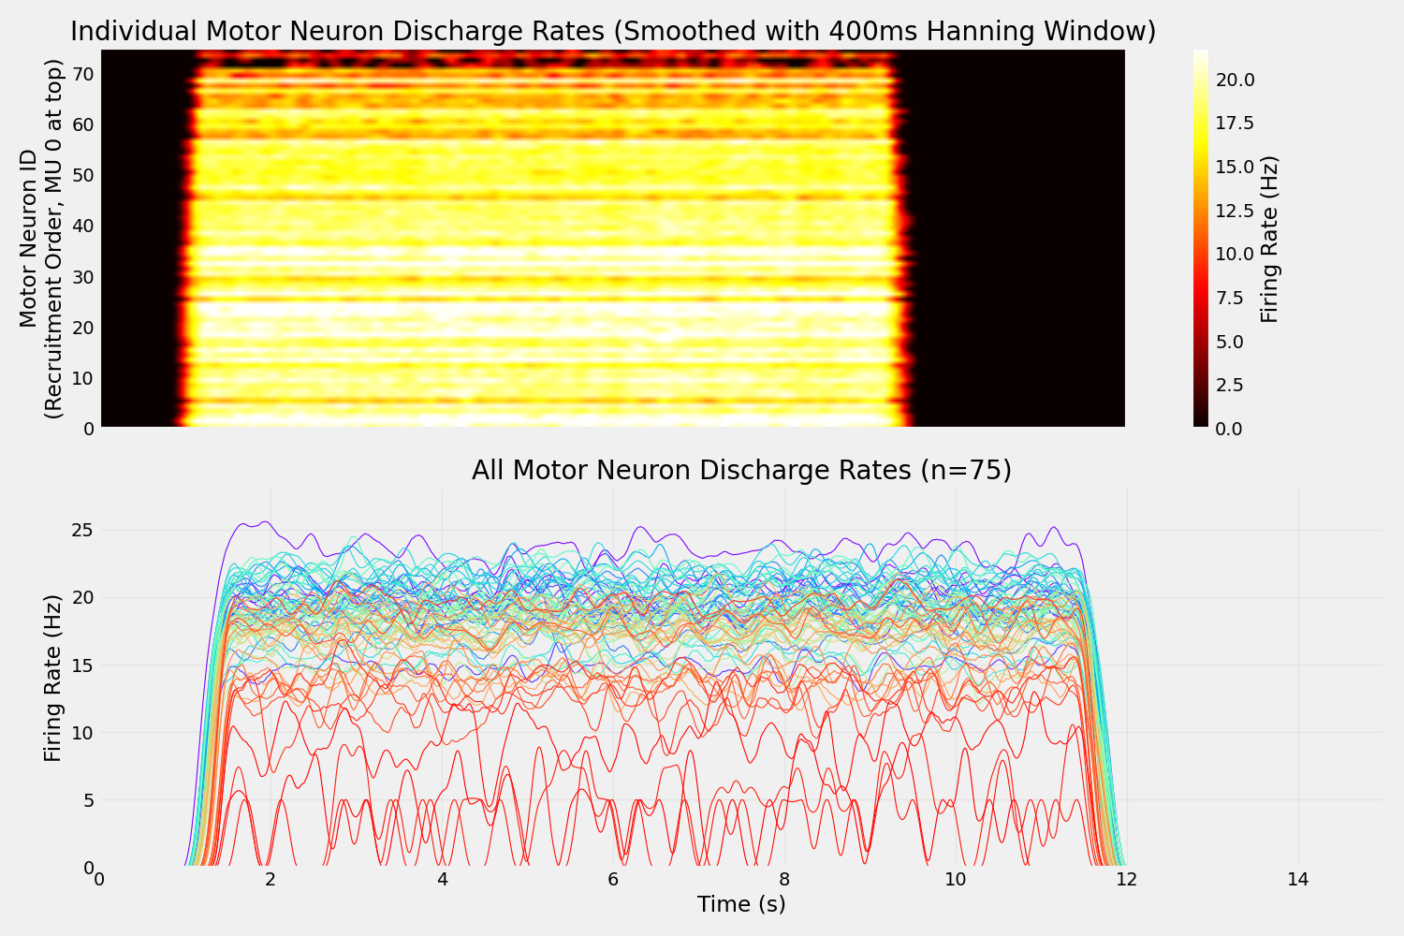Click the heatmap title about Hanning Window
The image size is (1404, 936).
coord(613,31)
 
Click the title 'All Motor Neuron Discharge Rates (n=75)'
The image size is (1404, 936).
coord(741,470)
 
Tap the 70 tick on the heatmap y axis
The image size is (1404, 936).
coord(82,74)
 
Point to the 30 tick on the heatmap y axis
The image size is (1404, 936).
coord(82,277)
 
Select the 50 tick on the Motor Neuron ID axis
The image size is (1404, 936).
coord(82,175)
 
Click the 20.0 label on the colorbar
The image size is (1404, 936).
coord(1235,80)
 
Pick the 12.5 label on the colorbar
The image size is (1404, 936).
coord(1235,211)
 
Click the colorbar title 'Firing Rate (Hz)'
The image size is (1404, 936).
coord(1269,239)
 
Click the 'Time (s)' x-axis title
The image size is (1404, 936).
coord(741,904)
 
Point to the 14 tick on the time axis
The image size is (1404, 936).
coord(1297,880)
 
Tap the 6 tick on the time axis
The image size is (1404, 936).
coord(613,880)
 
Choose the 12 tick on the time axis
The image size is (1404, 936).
coord(1126,880)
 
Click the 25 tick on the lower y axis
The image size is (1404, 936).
coord(82,530)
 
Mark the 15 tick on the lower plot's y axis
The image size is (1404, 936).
coord(82,665)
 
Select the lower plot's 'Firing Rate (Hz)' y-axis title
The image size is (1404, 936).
coord(53,678)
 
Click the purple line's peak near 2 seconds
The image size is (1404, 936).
coord(266,522)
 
